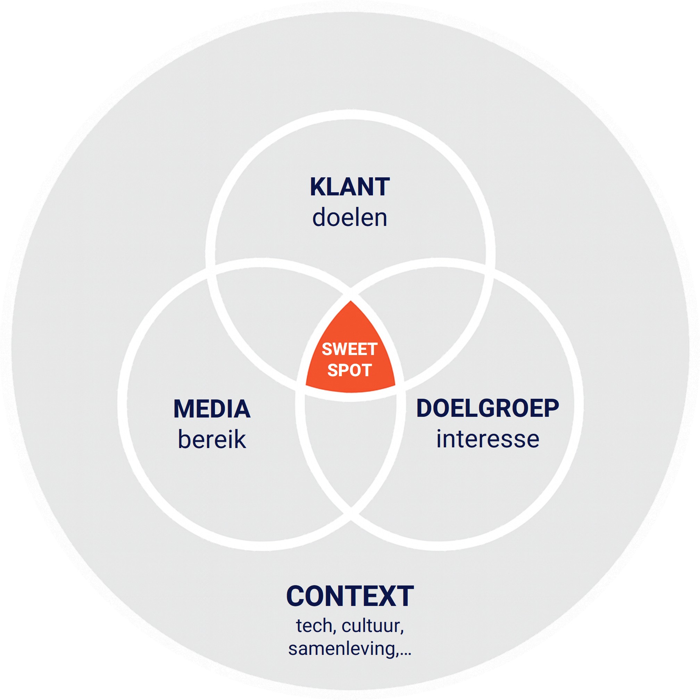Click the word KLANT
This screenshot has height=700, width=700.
tap(349, 187)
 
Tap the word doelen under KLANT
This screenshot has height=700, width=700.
tap(349, 218)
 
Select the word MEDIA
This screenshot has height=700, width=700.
tap(212, 409)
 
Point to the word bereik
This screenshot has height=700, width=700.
tap(212, 440)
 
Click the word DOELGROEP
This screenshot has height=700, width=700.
tap(487, 408)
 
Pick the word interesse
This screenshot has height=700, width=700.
tap(487, 439)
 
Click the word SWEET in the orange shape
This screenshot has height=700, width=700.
tap(349, 349)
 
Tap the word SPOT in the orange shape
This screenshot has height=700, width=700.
tap(349, 370)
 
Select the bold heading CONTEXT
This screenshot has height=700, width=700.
tap(349, 596)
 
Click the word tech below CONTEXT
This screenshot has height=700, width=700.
tap(314, 626)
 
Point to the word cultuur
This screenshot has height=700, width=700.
tap(372, 626)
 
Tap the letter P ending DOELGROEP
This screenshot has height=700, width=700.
tap(551, 408)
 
